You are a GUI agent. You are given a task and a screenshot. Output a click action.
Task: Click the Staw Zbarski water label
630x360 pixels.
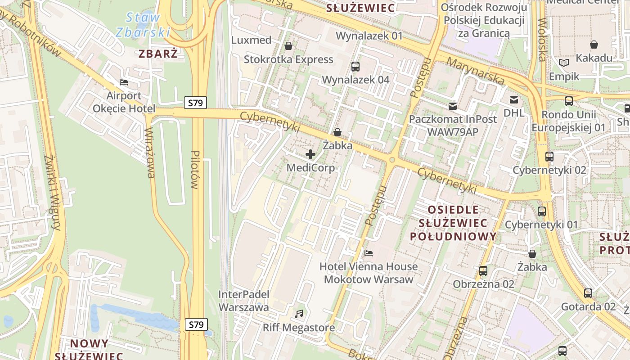[143, 25]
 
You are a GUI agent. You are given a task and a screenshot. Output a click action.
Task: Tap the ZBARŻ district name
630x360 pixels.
[158, 54]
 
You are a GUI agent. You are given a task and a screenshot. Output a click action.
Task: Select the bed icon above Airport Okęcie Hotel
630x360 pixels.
[124, 82]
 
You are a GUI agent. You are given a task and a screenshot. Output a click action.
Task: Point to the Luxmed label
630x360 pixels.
[252, 40]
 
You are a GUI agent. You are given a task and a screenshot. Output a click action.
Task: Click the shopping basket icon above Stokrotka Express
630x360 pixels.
[288, 46]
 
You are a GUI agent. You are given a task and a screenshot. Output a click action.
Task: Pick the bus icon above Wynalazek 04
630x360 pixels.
[355, 67]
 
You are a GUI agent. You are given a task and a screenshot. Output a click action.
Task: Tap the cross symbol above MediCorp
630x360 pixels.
[310, 155]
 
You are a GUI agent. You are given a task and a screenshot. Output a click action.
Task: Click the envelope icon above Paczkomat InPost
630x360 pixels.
[453, 106]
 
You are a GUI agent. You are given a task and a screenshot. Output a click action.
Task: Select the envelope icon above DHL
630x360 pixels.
[513, 100]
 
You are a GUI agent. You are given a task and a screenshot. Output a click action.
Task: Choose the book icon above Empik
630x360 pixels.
[564, 63]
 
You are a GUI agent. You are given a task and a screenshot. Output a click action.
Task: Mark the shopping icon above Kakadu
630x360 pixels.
[594, 45]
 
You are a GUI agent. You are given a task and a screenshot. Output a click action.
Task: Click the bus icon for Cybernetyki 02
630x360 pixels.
[549, 157]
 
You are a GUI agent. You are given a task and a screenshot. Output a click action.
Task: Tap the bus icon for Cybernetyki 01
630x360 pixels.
[542, 211]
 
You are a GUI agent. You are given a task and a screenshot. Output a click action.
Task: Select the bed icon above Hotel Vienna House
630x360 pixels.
[369, 253]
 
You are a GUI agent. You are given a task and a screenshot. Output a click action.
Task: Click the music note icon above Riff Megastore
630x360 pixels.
[299, 314]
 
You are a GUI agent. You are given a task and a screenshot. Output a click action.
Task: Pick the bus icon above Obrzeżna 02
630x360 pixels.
[483, 271]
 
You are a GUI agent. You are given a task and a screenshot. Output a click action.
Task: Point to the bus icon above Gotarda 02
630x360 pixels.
[588, 293]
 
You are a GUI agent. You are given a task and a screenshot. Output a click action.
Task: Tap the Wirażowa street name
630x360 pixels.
[150, 153]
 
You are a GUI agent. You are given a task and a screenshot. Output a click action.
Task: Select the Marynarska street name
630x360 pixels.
[477, 71]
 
